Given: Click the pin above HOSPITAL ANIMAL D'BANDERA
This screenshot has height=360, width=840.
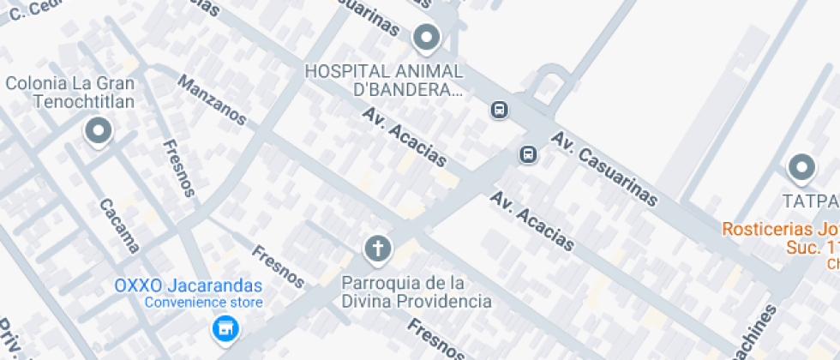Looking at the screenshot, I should (426, 39).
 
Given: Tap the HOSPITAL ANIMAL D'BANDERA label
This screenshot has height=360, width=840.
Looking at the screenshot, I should (384, 80).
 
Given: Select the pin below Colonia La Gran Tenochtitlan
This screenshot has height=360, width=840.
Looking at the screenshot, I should (99, 132).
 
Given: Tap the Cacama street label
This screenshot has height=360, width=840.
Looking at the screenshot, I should (119, 226).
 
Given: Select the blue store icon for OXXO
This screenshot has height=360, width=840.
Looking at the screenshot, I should (225, 327).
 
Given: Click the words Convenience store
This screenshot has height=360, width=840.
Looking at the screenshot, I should (203, 303).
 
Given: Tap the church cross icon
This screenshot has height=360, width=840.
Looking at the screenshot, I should (377, 250).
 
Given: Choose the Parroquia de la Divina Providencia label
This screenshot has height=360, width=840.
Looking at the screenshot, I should (417, 291).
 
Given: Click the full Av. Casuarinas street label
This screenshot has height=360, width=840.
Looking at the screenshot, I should (605, 170).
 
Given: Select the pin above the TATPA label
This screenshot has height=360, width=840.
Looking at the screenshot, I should (801, 168).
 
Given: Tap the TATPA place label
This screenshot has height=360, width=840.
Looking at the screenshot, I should (810, 201).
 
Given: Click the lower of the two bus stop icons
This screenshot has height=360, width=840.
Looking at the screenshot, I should (528, 154).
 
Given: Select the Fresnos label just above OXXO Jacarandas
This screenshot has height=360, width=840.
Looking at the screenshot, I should (278, 266).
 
